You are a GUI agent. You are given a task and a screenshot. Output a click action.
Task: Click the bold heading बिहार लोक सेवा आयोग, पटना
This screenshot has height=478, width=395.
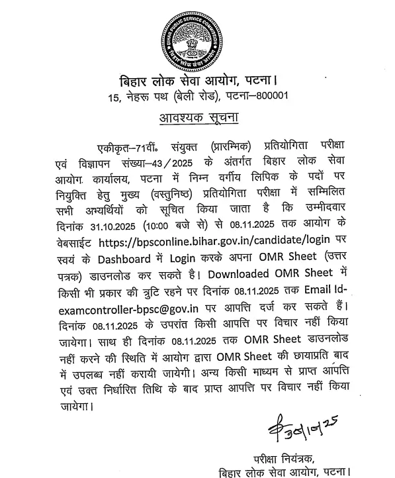(195, 81)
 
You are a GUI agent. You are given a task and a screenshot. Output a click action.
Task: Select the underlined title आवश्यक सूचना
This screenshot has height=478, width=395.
(197, 119)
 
